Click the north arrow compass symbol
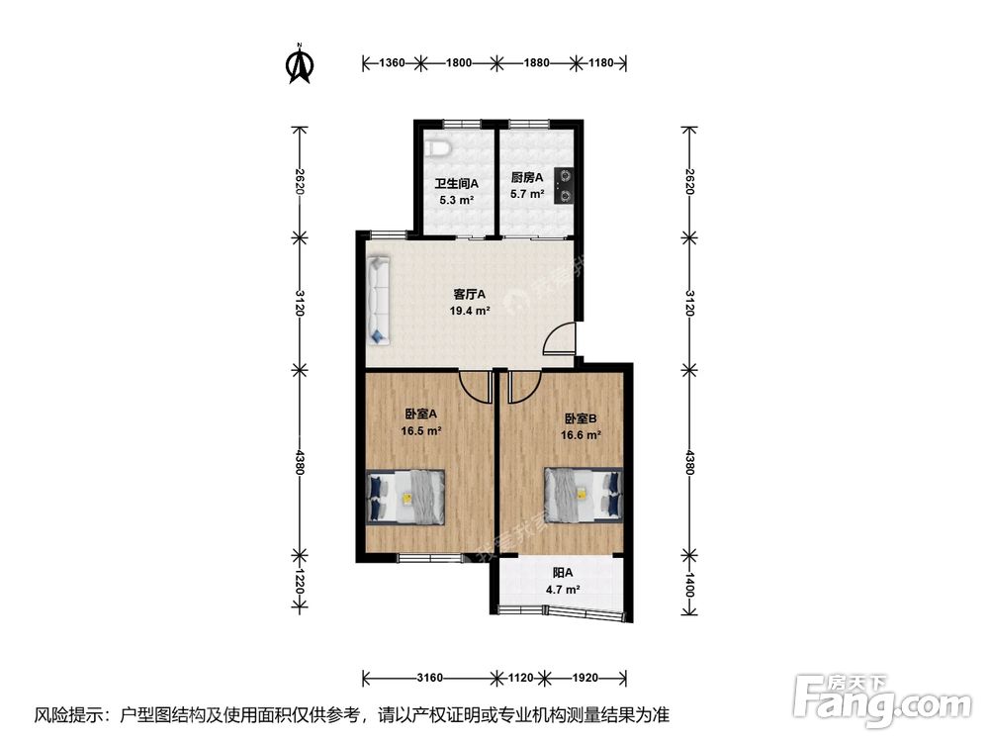click(x=301, y=63)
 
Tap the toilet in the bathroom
click(x=438, y=148)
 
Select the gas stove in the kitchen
click(x=564, y=186)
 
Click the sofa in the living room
click(x=379, y=300)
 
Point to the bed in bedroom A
click(x=406, y=497)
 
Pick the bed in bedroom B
click(x=584, y=495)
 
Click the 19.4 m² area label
click(x=470, y=311)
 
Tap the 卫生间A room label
click(x=456, y=184)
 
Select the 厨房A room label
click(x=527, y=178)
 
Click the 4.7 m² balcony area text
click(x=564, y=590)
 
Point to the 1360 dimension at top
click(x=392, y=62)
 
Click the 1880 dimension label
click(x=537, y=62)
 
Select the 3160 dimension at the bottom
click(x=429, y=678)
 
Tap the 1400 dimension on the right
click(x=689, y=585)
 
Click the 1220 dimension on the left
click(x=300, y=582)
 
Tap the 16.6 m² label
click(x=581, y=434)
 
